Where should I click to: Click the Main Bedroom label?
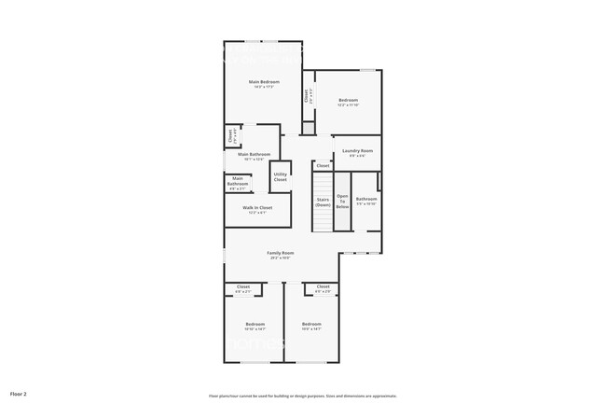tap(264, 82)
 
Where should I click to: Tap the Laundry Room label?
tap(357, 150)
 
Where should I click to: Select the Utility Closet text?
tap(280, 176)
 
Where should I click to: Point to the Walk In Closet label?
tap(257, 207)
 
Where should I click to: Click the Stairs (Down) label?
tap(324, 202)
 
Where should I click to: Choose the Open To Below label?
tap(342, 201)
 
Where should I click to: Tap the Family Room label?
tap(281, 253)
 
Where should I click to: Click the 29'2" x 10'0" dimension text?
tap(281, 258)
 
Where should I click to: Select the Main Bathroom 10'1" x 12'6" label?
tap(255, 156)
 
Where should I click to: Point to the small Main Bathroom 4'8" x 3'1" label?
tap(238, 183)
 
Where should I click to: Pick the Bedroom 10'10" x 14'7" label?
tap(255, 326)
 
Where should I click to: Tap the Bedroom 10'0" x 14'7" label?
tap(311, 326)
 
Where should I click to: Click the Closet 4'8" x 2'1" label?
tap(242, 288)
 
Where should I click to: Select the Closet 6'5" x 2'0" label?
tap(323, 288)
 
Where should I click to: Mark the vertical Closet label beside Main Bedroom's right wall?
tap(306, 96)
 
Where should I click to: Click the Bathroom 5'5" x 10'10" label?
tap(366, 200)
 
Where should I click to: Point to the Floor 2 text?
tap(19, 394)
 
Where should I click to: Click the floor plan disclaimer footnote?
tap(303, 395)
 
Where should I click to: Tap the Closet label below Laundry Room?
tap(323, 165)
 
